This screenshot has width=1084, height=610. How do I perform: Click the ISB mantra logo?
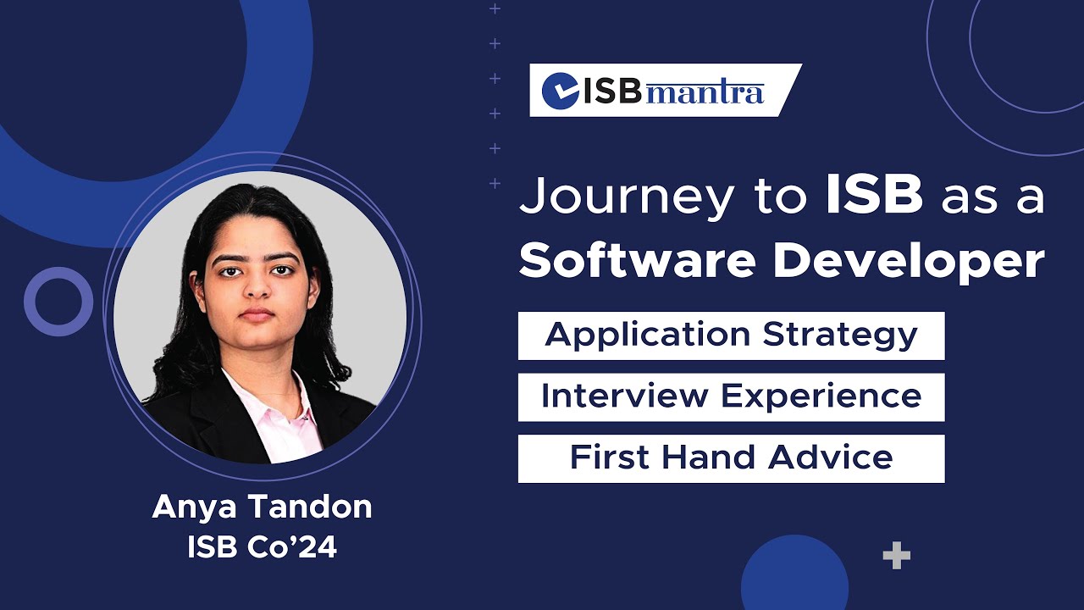click(x=665, y=91)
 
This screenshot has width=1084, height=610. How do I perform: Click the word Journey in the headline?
click(x=628, y=197)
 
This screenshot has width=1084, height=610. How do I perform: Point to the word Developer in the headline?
click(x=909, y=262)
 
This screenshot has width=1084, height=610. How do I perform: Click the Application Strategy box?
click(x=731, y=335)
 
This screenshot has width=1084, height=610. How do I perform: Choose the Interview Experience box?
click(x=731, y=397)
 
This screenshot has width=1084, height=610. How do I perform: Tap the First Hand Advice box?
click(x=731, y=458)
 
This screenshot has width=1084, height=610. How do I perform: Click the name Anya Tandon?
click(x=262, y=507)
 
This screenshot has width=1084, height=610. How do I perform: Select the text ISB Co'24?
click(x=262, y=547)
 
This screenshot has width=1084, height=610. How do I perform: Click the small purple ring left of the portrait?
click(x=58, y=302)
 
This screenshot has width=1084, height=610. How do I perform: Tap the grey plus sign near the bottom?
click(x=896, y=557)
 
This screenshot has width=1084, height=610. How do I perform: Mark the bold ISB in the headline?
click(x=874, y=197)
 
